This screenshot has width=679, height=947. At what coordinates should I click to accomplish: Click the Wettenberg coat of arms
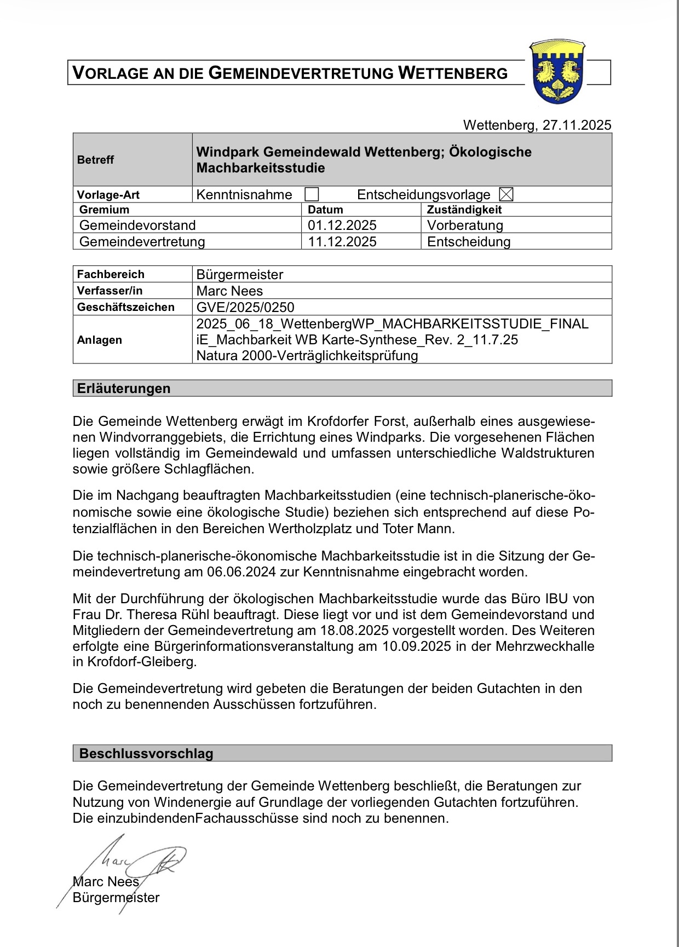(557, 72)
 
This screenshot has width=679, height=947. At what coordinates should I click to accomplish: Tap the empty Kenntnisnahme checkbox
(312, 194)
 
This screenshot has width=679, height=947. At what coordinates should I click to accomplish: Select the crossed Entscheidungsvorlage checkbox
(507, 194)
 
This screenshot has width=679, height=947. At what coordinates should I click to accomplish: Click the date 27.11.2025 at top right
(577, 125)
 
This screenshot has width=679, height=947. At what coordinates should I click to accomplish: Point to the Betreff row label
(96, 160)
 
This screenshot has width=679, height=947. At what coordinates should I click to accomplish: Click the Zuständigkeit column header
(464, 210)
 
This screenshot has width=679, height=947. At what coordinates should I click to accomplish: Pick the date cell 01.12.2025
(342, 226)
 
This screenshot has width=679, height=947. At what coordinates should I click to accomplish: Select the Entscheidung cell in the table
(469, 242)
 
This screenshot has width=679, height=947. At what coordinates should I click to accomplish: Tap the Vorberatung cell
(465, 226)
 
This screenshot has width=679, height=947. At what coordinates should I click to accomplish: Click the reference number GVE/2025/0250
(245, 307)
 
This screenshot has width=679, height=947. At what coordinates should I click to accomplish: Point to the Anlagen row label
(100, 340)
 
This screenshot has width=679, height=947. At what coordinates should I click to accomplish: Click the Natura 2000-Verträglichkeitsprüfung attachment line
(307, 356)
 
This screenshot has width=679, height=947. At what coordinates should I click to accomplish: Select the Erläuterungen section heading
(124, 389)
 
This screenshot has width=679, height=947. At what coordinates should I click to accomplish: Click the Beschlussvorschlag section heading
(146, 753)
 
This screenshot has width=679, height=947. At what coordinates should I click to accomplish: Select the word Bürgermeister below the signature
(116, 898)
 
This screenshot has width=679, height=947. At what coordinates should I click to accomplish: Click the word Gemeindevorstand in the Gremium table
(137, 226)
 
